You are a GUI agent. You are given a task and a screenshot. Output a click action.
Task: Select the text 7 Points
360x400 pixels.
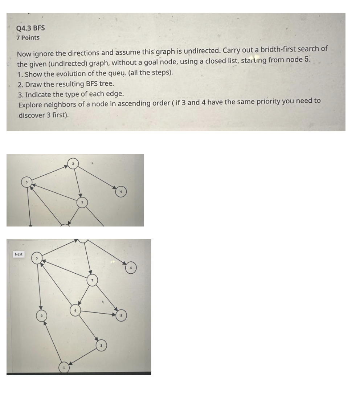(28, 38)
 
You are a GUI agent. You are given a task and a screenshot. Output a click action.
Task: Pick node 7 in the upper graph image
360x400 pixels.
(82, 202)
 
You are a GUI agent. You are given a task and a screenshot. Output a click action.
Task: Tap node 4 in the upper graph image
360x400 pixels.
(121, 191)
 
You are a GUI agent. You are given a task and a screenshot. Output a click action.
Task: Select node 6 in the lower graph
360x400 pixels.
(75, 311)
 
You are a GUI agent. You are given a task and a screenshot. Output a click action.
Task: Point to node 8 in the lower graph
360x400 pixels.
(121, 316)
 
